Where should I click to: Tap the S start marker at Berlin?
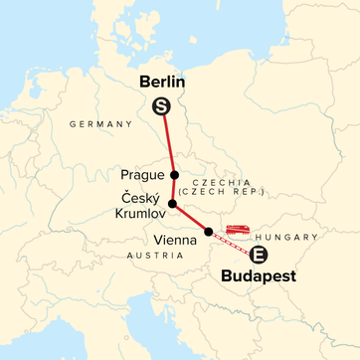tap(159, 107)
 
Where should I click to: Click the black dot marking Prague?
tap(175, 173)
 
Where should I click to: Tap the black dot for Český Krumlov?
tap(173, 204)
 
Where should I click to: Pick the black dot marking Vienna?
tap(208, 232)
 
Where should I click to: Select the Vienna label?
tap(177, 239)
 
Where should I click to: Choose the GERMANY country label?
tap(100, 123)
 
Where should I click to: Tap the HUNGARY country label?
tap(286, 238)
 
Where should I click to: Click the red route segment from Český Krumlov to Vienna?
tap(190, 218)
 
